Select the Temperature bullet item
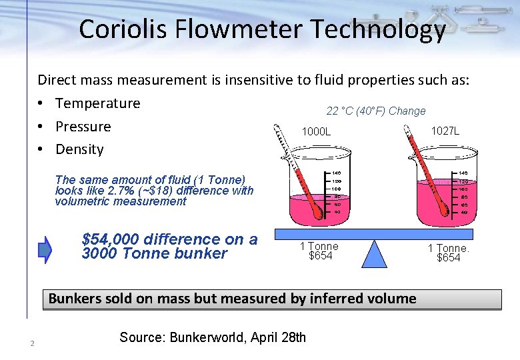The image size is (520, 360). pyautogui.click(x=97, y=103)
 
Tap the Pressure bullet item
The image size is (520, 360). pyautogui.click(x=83, y=127)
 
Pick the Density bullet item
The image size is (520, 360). pyautogui.click(x=79, y=149)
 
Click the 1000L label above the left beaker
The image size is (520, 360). pyautogui.click(x=316, y=132)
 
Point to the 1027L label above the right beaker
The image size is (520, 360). pyautogui.click(x=445, y=131)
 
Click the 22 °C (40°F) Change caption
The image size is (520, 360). pyautogui.click(x=375, y=111)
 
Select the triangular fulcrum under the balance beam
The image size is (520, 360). pyautogui.click(x=376, y=253)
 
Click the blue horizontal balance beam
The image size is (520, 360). pyautogui.click(x=375, y=234)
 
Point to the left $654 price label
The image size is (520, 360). pyautogui.click(x=320, y=256)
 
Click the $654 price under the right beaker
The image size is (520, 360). pyautogui.click(x=448, y=258)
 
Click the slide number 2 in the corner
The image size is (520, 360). pyautogui.click(x=31, y=344)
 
